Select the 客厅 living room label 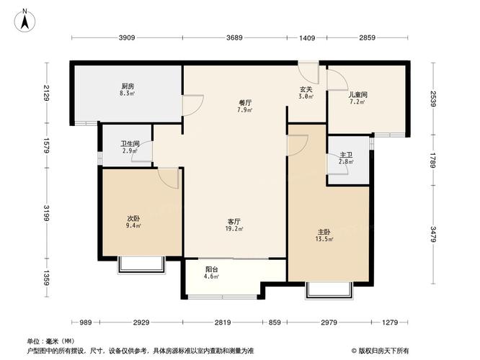click(235, 226)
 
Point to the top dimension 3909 click(127, 38)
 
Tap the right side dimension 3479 click(434, 235)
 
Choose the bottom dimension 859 click(274, 322)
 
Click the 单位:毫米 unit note click(50, 341)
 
